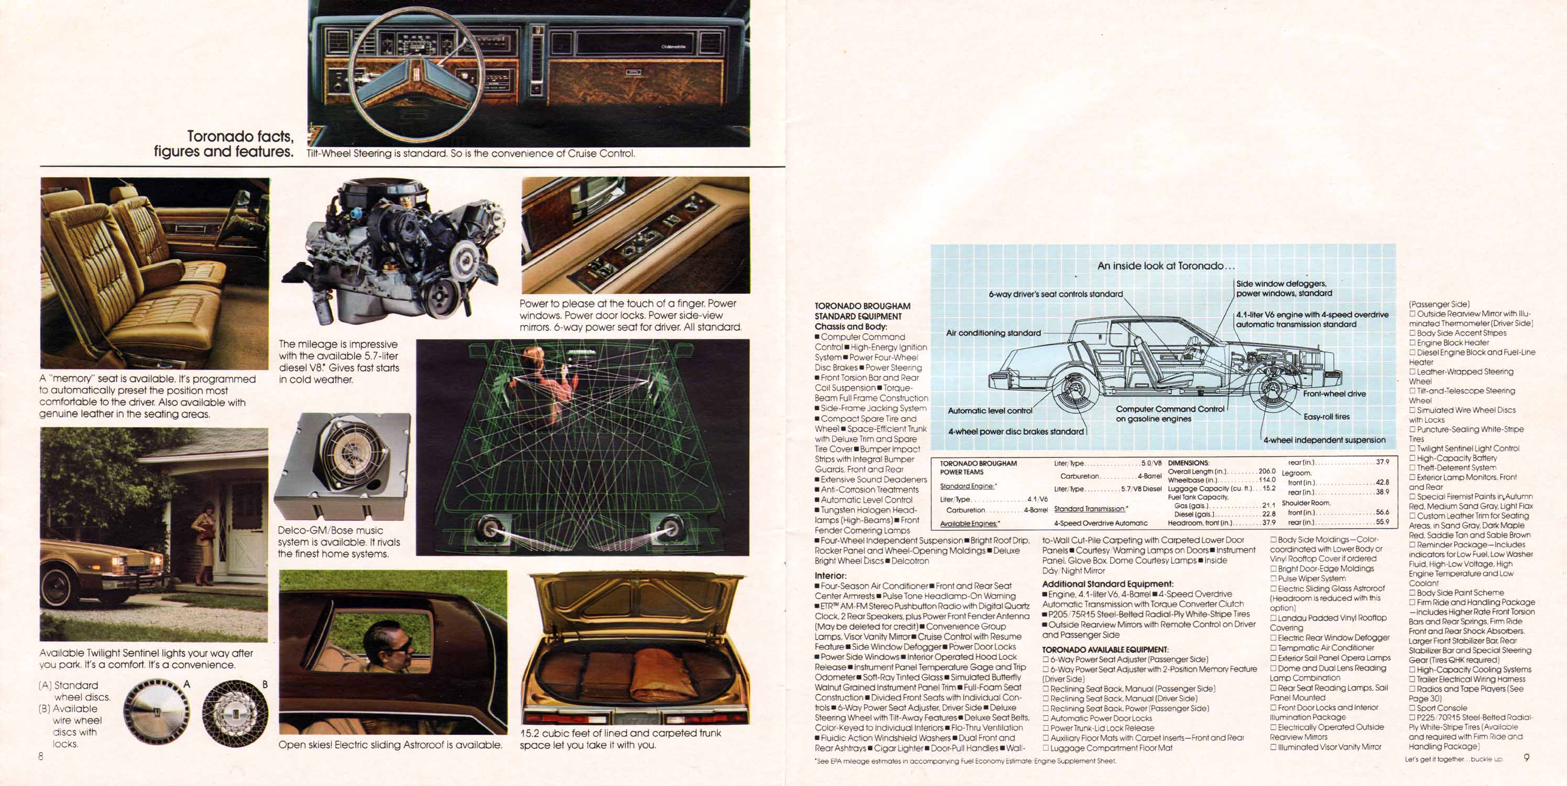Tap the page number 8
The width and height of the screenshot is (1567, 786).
coord(41,757)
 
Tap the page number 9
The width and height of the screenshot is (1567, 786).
coord(1527,757)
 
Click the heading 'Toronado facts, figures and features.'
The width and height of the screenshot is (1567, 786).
coord(224,144)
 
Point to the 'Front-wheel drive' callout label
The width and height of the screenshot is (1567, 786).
coord(1334,394)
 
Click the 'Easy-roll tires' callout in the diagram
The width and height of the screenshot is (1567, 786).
coord(1327,417)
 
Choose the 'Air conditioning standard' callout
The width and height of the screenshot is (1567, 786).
coord(993,333)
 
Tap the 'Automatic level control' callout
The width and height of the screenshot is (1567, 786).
coord(990,411)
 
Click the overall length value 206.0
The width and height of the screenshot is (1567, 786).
coord(1267,472)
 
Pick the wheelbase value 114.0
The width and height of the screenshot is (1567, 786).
coord(1267,480)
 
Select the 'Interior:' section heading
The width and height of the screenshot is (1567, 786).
coord(830,575)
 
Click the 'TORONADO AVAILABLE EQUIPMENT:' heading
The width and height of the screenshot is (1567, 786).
coord(1105,650)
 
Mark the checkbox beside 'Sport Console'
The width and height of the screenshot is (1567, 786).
coord(1412,708)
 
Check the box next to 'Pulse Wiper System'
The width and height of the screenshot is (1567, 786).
coord(1273,578)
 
